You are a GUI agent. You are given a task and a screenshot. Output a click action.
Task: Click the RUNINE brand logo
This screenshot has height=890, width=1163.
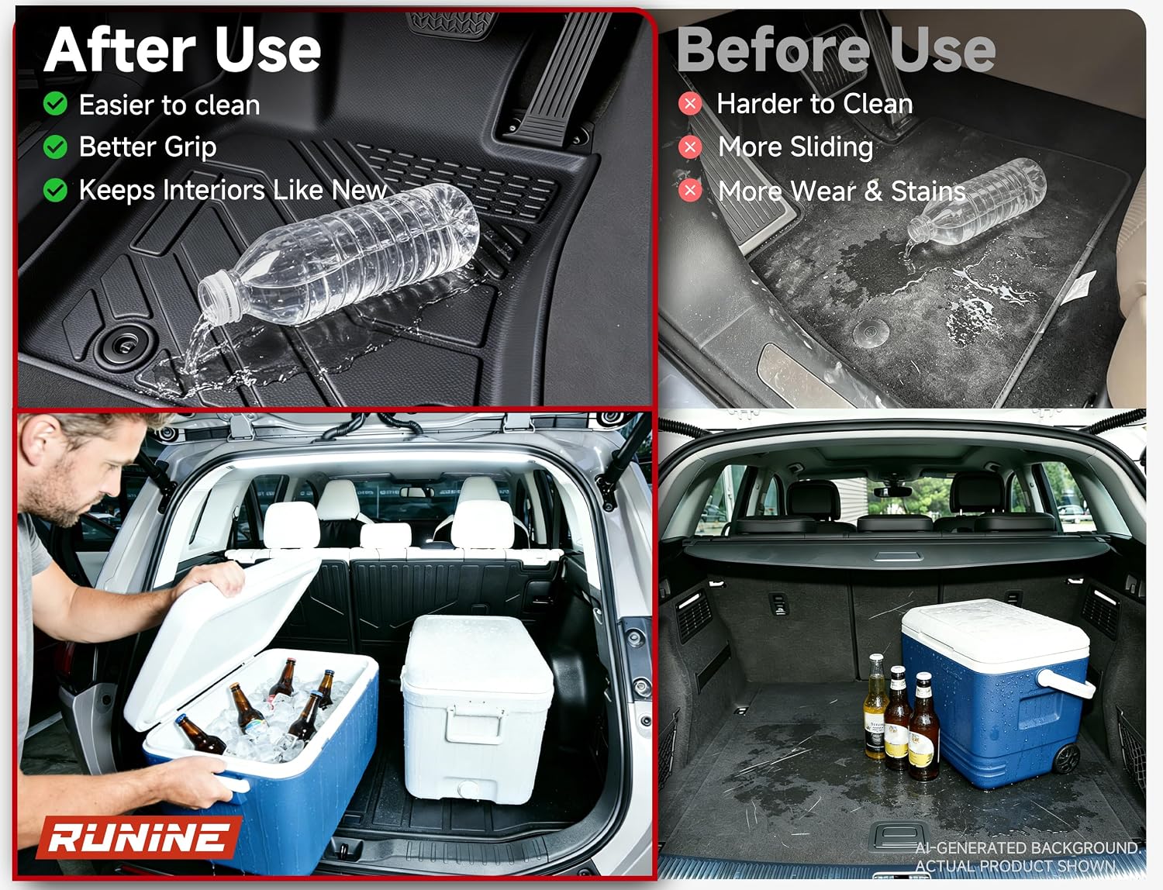(139, 837)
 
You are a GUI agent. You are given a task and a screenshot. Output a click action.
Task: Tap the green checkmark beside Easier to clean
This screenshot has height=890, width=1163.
(55, 103)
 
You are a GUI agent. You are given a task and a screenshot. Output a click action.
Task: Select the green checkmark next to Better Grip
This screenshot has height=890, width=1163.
(55, 147)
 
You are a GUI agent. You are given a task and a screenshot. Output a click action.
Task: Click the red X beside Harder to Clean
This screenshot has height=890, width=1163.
(690, 103)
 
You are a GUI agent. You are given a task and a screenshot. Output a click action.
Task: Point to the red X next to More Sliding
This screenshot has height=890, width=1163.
(690, 147)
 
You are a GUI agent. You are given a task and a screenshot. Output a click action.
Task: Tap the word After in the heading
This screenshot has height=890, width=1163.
(120, 50)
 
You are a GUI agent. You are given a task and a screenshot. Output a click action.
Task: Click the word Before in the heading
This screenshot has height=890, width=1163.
(774, 50)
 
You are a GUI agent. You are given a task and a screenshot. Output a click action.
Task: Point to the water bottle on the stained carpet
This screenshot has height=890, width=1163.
(976, 202)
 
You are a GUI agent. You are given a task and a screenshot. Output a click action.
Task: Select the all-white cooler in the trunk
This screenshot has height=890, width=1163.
(477, 708)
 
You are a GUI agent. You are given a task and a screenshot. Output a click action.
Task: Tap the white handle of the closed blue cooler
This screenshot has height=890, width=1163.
(1066, 684)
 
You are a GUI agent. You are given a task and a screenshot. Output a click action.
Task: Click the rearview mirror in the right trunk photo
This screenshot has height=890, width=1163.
(892, 492)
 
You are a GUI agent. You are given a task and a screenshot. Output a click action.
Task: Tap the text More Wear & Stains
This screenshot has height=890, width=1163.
(842, 191)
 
